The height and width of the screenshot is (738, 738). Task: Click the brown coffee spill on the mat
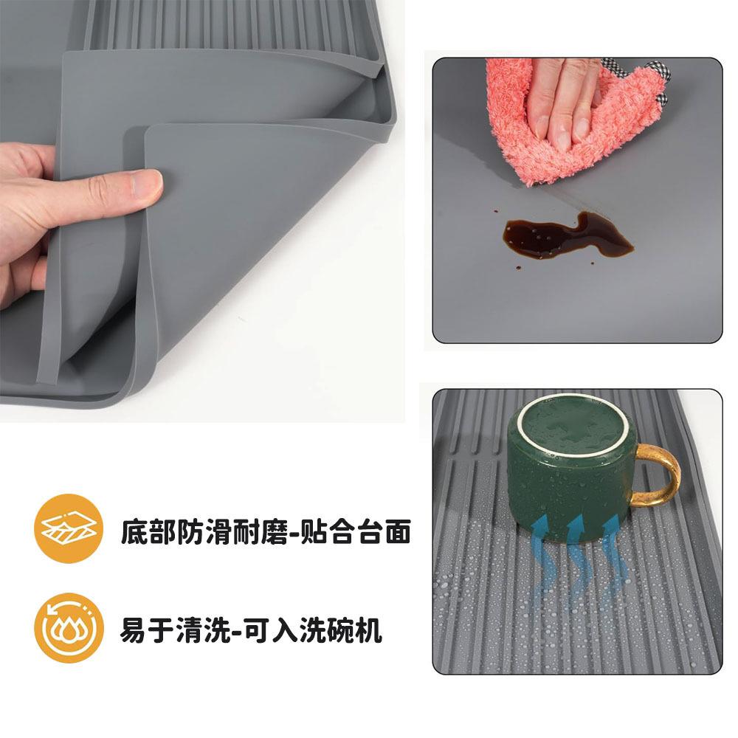pos(567,237)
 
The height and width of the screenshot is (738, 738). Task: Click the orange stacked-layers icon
pos(69,528)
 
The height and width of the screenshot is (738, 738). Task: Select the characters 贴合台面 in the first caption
pos(356,531)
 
